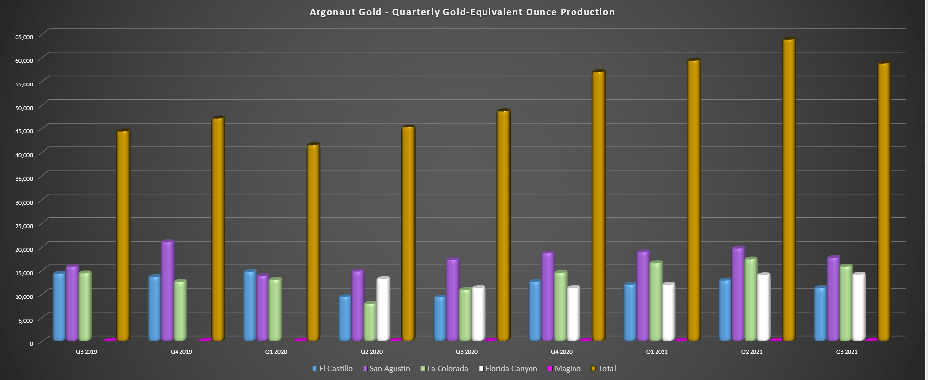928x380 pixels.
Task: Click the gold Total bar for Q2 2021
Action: tap(789, 190)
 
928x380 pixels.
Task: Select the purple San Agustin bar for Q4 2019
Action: tap(167, 292)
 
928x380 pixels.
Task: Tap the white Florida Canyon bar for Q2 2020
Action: tap(383, 309)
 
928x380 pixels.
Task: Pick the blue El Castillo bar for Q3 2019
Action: tap(59, 307)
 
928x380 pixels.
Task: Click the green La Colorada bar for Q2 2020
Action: tap(370, 322)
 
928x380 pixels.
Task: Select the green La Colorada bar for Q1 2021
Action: tap(656, 301)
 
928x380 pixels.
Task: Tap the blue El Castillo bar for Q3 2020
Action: tap(440, 319)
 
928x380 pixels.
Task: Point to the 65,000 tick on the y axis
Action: tap(24, 37)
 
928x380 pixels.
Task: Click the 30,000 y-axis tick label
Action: tap(24, 202)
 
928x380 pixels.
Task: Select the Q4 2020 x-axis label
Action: tap(561, 352)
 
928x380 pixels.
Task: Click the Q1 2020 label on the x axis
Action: tap(276, 352)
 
